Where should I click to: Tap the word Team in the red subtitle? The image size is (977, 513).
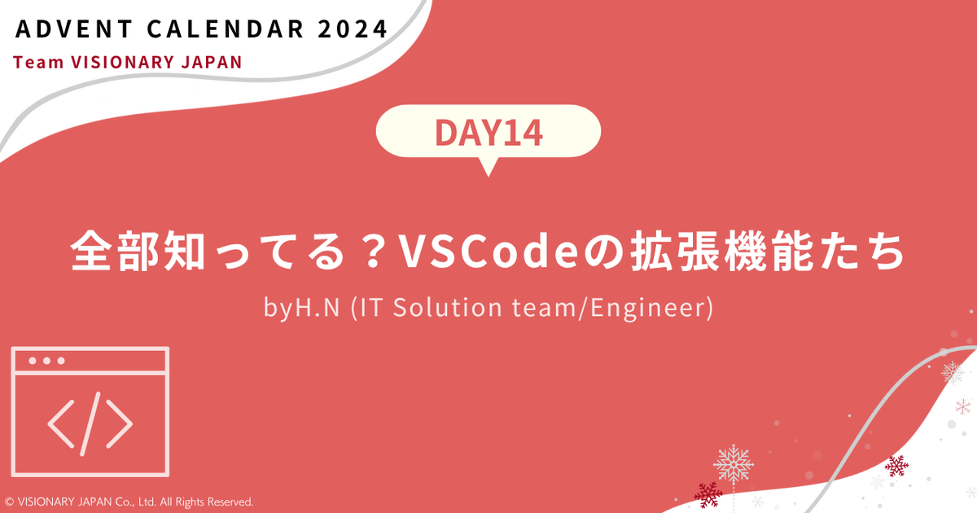click(36, 63)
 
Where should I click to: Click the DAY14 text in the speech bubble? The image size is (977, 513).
click(488, 133)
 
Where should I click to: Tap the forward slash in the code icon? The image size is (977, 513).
click(90, 421)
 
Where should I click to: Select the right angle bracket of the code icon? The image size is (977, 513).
click(119, 422)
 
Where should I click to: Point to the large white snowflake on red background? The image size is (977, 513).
click(733, 463)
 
